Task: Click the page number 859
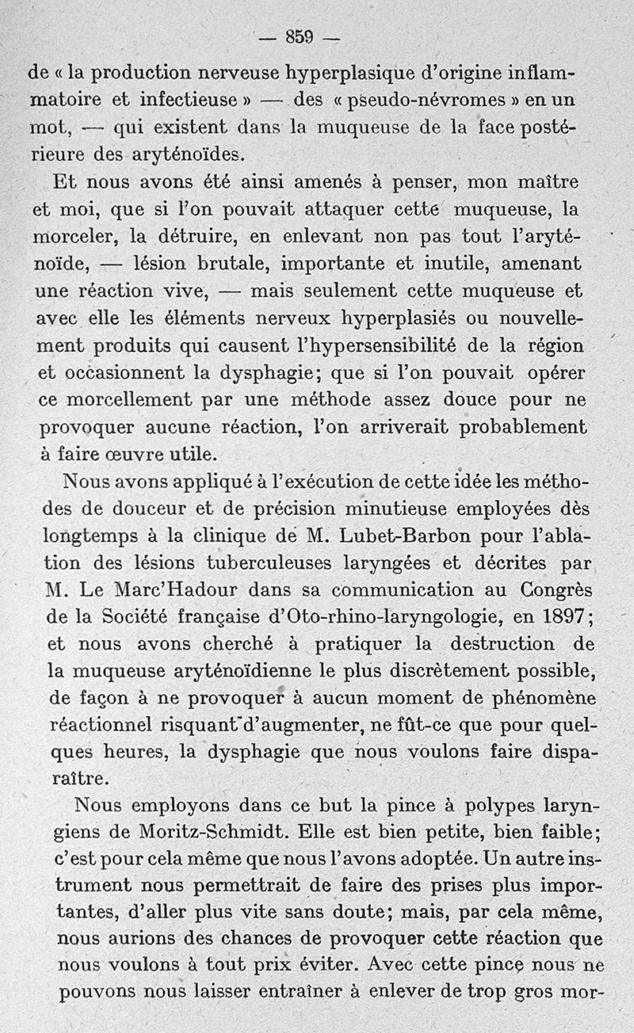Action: coord(300,36)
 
